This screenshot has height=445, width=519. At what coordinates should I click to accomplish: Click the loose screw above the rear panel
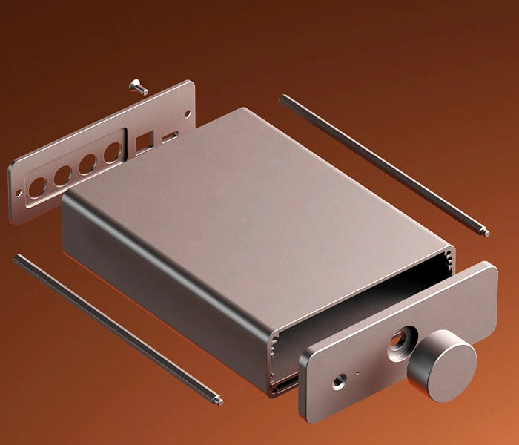(x=139, y=88)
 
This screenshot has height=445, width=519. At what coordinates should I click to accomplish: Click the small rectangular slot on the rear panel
(x=170, y=136)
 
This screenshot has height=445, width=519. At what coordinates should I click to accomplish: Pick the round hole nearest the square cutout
(x=112, y=152)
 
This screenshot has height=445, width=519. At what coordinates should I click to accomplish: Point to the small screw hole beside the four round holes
(x=19, y=194)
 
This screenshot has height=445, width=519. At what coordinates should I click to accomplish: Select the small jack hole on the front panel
(x=340, y=382)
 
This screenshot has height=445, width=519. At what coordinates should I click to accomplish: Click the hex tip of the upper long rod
(x=485, y=234)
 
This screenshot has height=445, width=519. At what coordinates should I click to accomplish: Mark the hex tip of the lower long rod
(x=217, y=401)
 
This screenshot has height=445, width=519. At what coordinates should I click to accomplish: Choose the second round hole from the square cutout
(x=87, y=163)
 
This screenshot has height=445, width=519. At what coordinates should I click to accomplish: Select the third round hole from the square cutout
(x=63, y=176)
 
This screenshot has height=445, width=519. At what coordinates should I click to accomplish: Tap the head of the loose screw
(x=134, y=84)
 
